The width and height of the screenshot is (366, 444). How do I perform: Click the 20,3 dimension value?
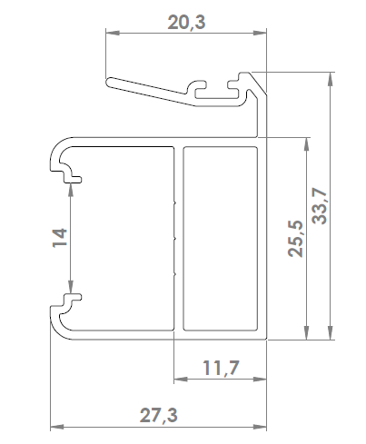(x=186, y=23)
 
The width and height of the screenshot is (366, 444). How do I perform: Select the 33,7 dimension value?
(x=320, y=206)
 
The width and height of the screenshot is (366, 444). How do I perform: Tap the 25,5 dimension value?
(x=295, y=239)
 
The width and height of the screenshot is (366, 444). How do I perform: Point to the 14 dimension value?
(x=60, y=238)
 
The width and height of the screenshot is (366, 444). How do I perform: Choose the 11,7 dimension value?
(x=221, y=368)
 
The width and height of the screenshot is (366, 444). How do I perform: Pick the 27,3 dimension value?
(x=158, y=415)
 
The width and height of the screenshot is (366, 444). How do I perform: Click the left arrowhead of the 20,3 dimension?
(x=112, y=33)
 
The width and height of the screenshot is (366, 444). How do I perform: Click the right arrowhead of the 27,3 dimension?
(x=260, y=427)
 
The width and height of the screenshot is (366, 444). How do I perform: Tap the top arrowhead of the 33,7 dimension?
(x=331, y=79)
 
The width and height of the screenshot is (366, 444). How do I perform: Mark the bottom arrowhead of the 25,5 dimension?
(x=307, y=332)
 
